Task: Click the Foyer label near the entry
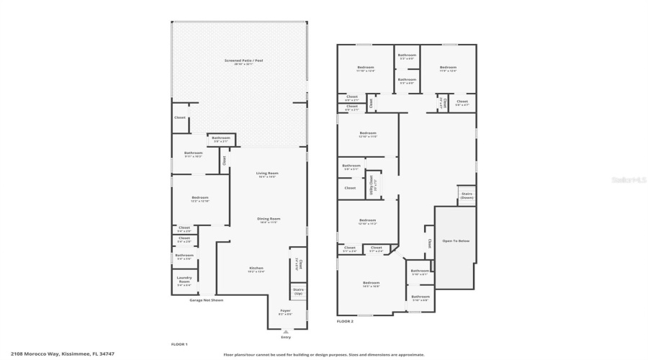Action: tap(286, 312)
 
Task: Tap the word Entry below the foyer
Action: tap(287, 337)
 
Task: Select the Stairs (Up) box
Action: tap(298, 291)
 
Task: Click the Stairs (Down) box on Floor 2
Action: tap(466, 195)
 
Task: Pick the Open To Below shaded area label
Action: tap(455, 240)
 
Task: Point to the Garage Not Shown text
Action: tap(206, 300)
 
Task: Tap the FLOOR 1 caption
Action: tap(179, 344)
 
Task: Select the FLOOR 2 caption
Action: tap(345, 321)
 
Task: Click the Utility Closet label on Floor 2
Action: tap(372, 184)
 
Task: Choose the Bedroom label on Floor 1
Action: tap(199, 199)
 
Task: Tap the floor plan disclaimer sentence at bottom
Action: tap(324, 354)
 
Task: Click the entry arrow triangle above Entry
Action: tap(287, 332)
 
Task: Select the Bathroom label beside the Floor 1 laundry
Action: tap(184, 256)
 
